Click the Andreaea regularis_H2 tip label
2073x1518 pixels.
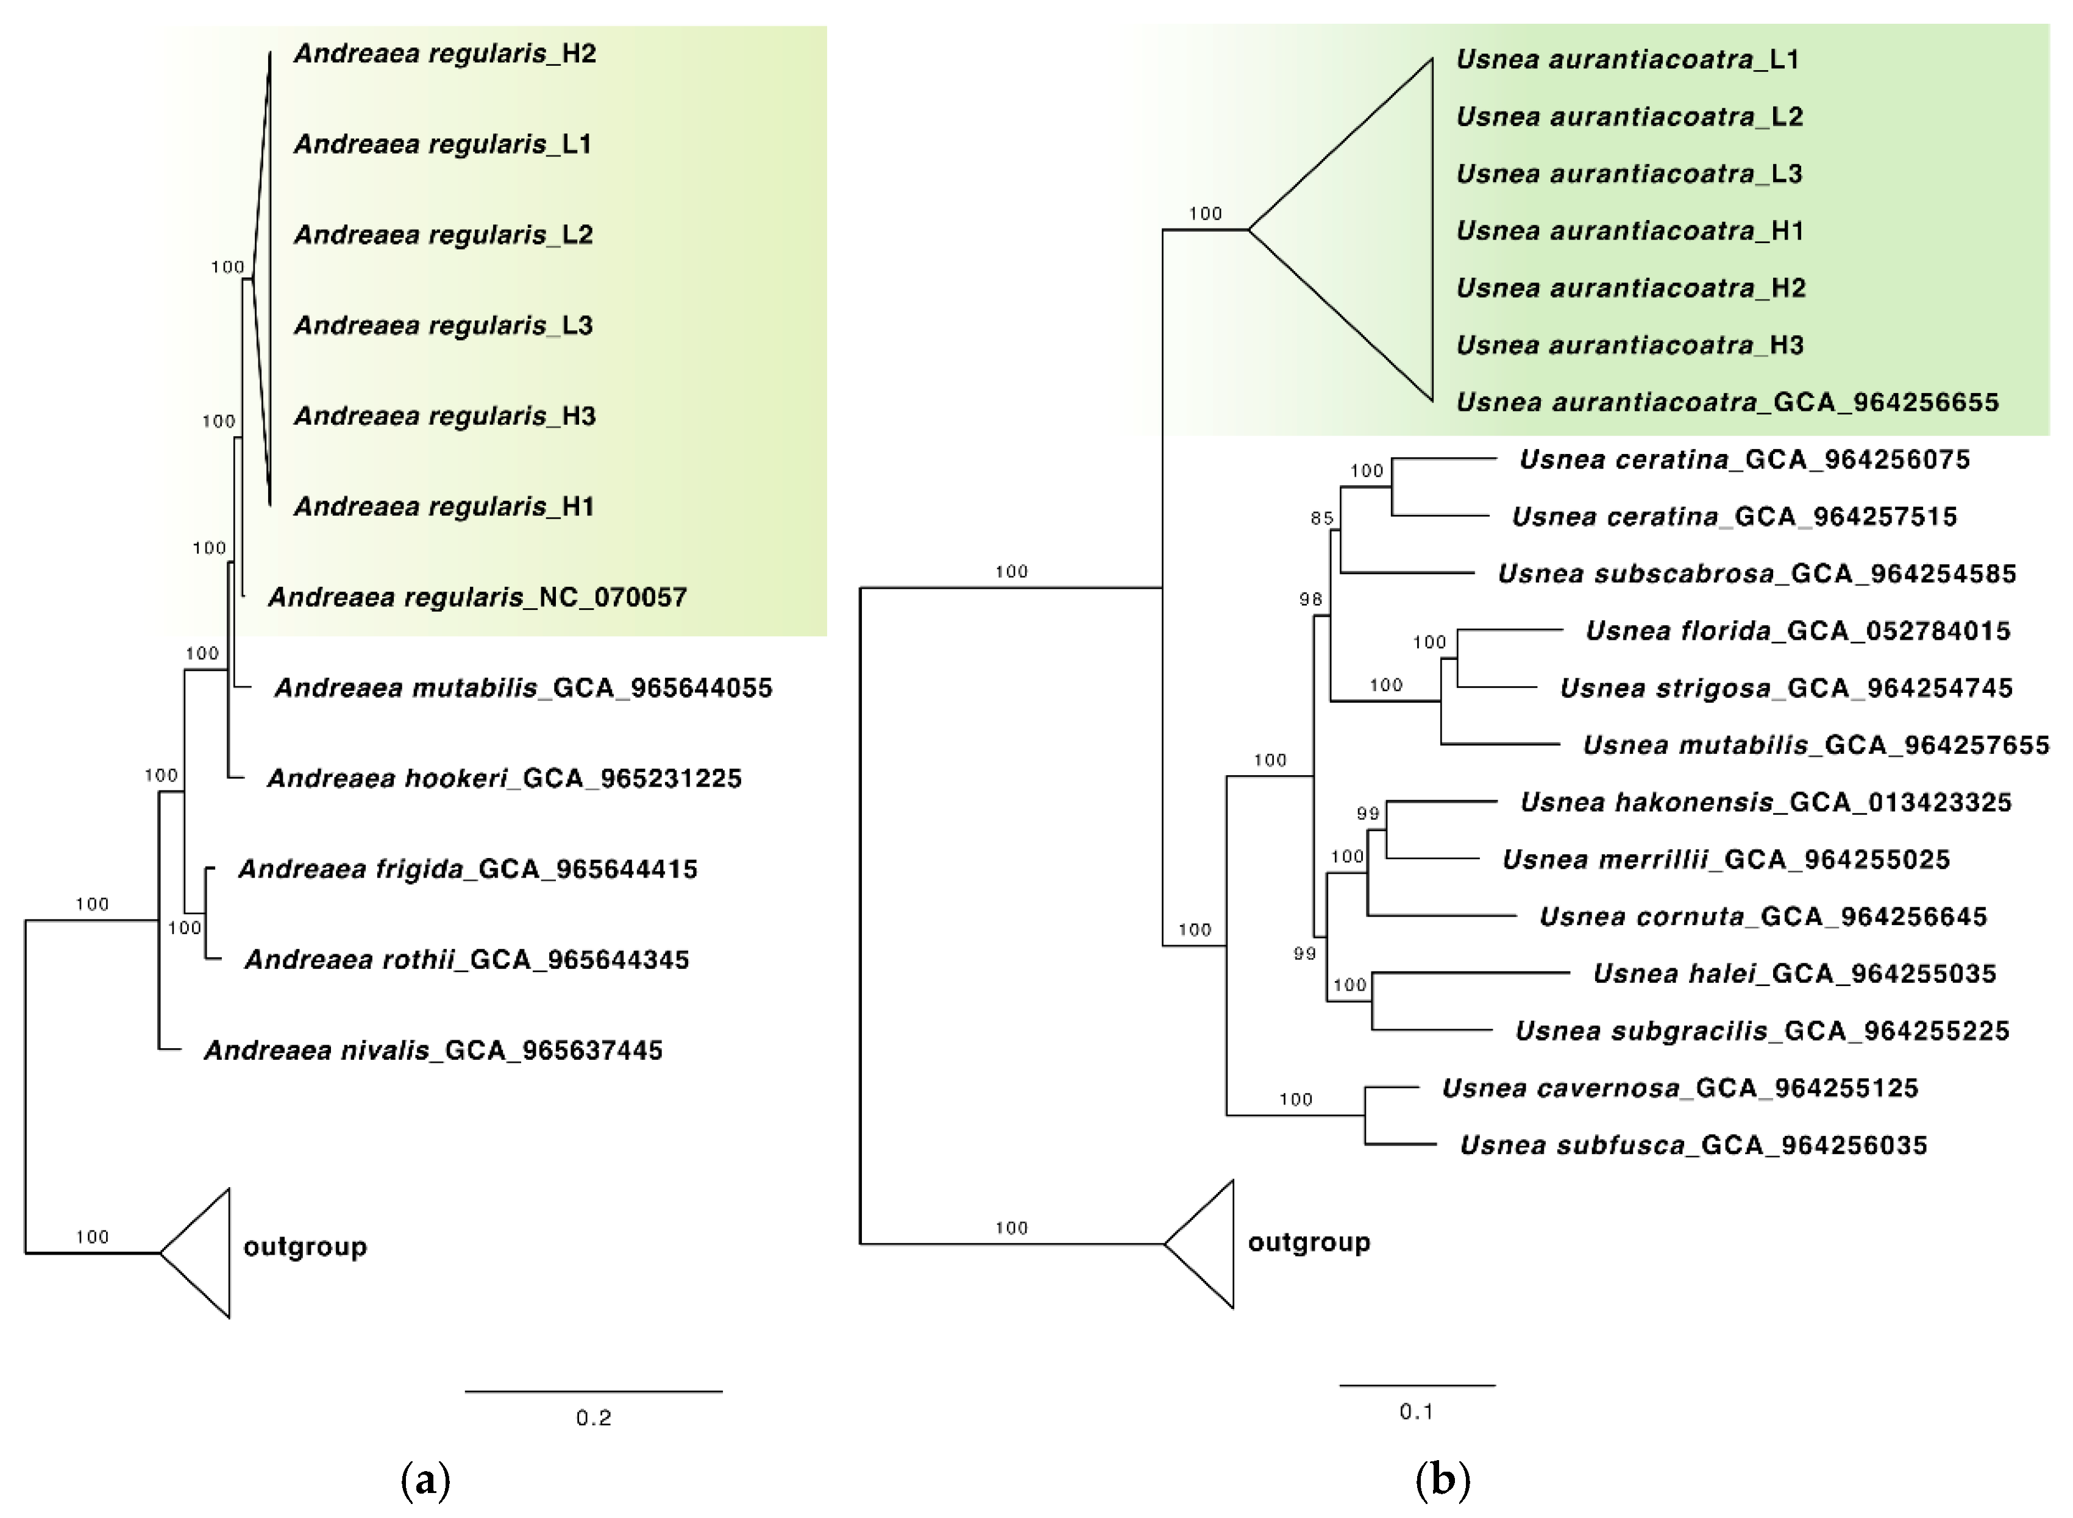445,53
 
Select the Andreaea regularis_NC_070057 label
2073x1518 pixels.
477,597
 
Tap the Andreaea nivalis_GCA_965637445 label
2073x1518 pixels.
433,1050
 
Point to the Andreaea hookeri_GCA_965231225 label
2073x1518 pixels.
503,778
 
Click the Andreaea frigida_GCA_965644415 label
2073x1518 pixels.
468,868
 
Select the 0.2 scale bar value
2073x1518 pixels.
594,1418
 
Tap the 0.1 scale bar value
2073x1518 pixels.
1416,1411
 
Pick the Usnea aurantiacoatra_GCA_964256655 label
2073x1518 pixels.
1727,402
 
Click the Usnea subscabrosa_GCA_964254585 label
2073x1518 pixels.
1756,573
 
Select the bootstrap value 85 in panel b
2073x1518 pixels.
1321,518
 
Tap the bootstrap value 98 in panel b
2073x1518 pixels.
1310,599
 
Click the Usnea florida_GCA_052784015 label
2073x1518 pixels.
1797,630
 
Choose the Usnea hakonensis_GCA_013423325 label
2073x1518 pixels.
1765,802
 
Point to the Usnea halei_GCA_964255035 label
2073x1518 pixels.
1794,973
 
